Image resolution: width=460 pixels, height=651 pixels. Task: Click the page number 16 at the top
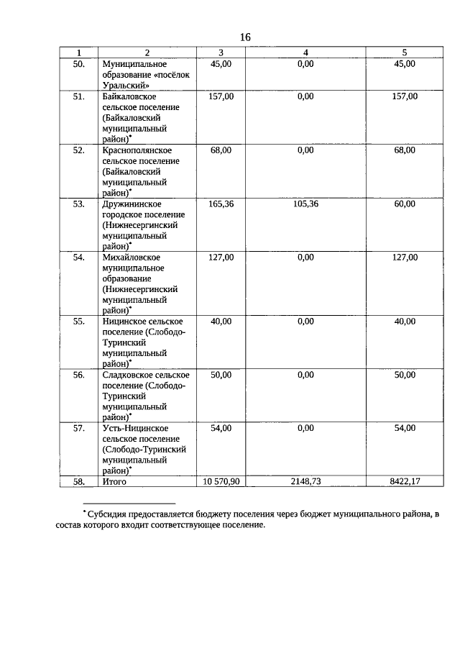tap(245, 37)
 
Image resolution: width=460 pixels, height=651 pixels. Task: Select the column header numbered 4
tap(305, 53)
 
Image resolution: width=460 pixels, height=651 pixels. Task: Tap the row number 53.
tap(79, 204)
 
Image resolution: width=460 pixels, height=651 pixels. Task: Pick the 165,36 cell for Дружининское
tap(221, 204)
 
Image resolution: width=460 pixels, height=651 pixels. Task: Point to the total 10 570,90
tap(221, 481)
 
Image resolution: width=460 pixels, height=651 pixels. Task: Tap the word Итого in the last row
tap(115, 481)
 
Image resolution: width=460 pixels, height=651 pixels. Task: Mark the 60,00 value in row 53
tap(405, 204)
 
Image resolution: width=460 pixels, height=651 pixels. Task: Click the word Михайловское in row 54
tap(132, 258)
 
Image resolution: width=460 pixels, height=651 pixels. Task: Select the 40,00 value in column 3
tap(221, 322)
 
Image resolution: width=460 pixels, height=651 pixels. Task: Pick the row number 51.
tap(79, 96)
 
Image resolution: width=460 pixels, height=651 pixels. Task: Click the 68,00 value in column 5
tap(405, 150)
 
